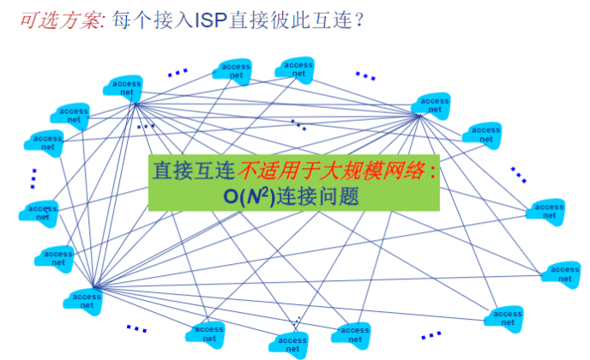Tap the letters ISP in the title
click(x=209, y=18)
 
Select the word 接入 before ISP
click(x=169, y=18)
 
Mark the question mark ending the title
click(x=358, y=18)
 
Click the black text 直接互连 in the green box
click(x=194, y=170)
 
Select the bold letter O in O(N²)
click(x=232, y=195)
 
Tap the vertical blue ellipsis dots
click(x=33, y=177)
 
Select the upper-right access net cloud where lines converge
click(x=434, y=105)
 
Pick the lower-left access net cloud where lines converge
click(x=86, y=299)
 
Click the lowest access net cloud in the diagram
click(x=292, y=345)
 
